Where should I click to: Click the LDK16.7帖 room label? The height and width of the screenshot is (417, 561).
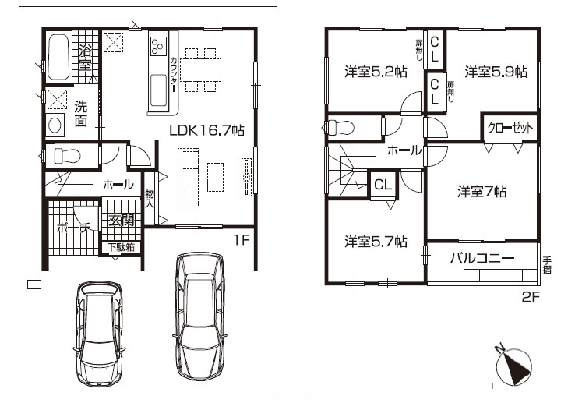click(x=206, y=130)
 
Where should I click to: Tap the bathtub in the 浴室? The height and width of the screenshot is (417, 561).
click(x=58, y=57)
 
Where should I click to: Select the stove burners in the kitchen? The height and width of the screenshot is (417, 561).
click(x=158, y=46)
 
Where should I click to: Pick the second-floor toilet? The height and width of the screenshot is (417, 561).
click(x=340, y=127)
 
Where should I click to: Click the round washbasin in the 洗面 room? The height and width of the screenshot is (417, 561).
click(x=55, y=125)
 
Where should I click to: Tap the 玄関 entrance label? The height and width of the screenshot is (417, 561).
click(x=122, y=220)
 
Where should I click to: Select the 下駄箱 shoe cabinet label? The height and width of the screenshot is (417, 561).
click(x=122, y=247)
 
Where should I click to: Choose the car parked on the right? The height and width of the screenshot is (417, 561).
click(x=199, y=316)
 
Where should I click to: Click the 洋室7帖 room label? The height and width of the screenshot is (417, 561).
click(x=482, y=192)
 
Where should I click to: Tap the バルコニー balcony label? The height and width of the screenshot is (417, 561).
click(x=482, y=258)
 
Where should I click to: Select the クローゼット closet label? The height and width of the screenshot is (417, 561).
click(x=510, y=127)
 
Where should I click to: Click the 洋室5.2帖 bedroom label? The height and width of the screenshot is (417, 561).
click(x=376, y=72)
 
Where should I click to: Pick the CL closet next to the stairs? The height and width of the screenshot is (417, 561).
click(x=383, y=185)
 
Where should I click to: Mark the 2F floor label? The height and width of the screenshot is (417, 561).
click(x=531, y=297)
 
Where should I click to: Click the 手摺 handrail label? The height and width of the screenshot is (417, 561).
click(x=547, y=265)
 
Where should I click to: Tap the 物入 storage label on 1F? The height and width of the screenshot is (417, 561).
click(x=150, y=199)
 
